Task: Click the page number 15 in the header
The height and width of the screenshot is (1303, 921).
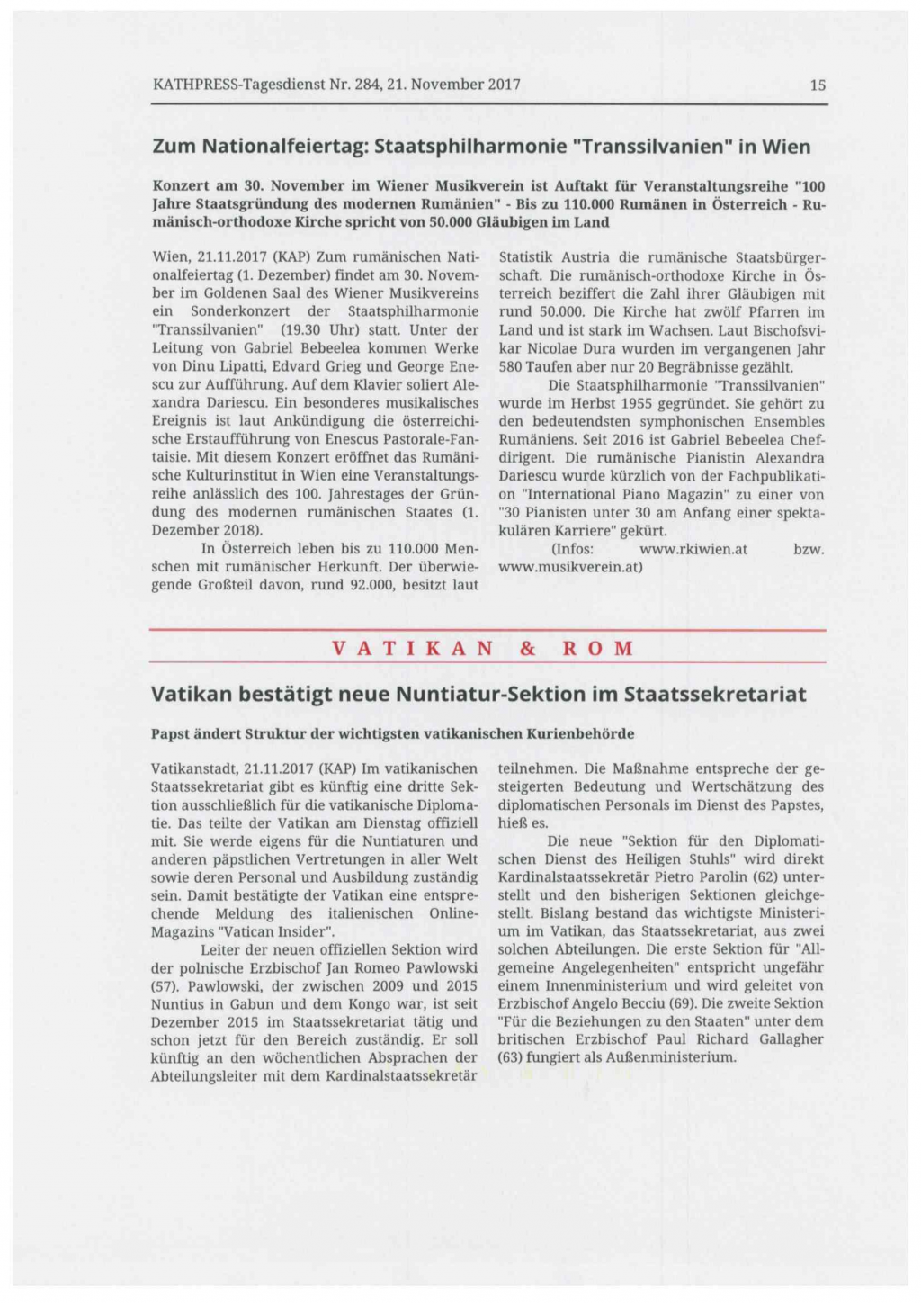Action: (x=817, y=85)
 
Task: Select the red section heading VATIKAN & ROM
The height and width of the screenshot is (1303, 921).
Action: (x=484, y=648)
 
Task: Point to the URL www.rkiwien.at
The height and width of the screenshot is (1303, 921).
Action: (x=693, y=549)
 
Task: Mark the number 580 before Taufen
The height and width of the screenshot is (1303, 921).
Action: (x=511, y=367)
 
